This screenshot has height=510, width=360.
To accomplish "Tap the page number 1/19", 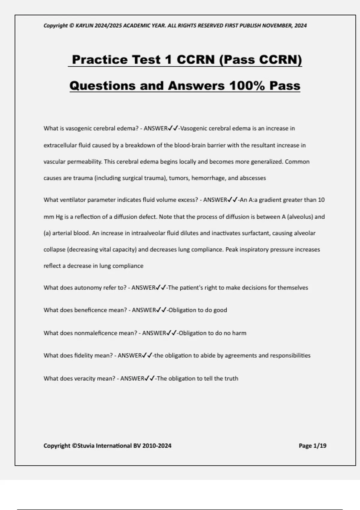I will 319,446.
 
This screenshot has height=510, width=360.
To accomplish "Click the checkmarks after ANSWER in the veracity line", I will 150,379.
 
